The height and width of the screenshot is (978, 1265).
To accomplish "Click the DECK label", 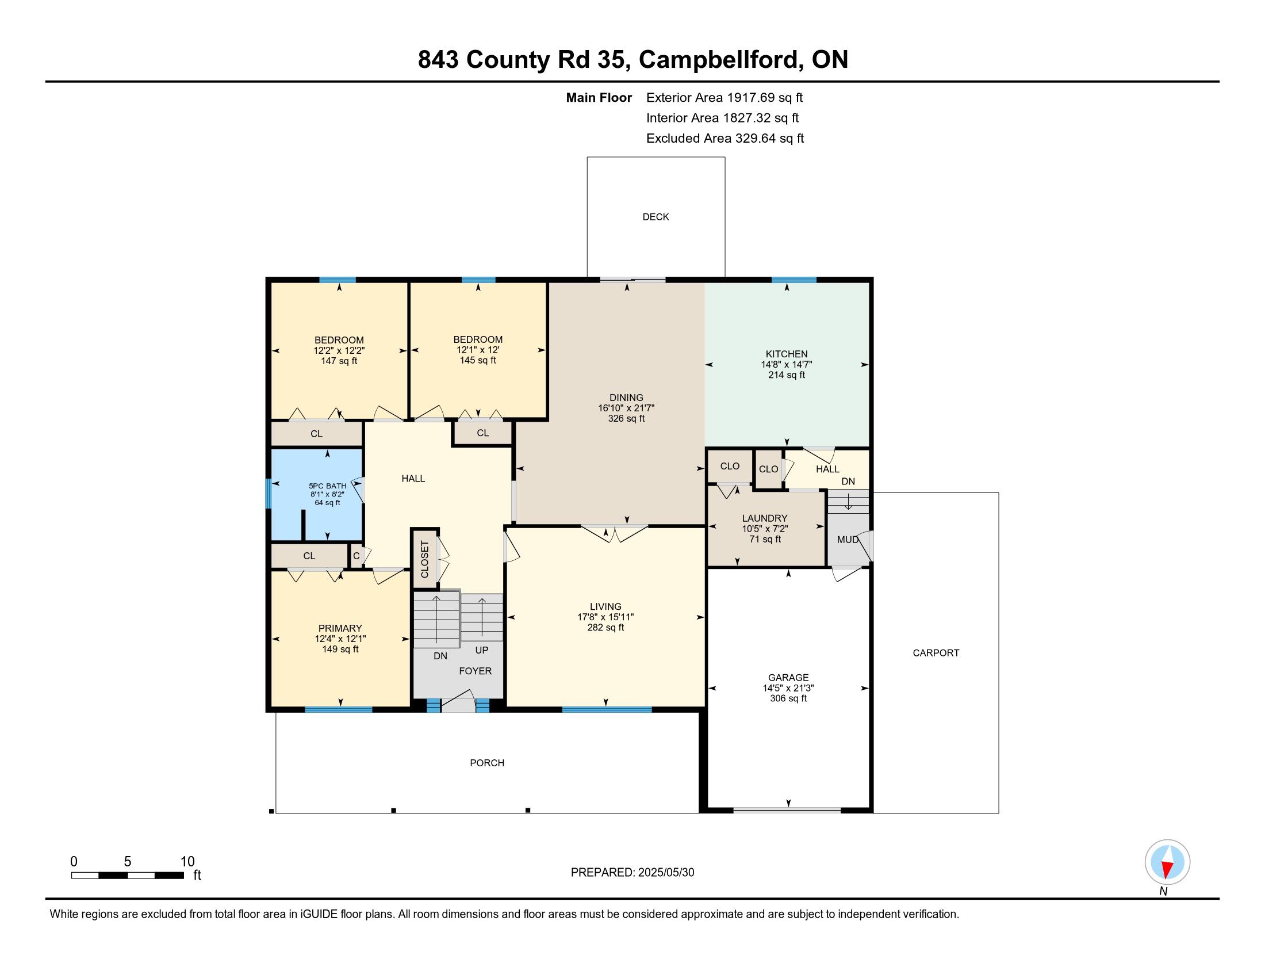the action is point(655,217).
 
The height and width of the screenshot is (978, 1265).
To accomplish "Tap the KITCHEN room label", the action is point(787,354).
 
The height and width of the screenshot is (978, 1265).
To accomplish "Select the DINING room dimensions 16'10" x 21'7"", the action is point(626,408).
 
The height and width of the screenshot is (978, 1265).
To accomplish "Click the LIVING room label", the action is point(606,606).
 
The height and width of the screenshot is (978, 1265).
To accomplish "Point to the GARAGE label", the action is point(788,677).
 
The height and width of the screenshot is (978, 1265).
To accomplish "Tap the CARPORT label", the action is point(936,653).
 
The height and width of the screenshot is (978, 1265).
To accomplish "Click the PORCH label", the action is point(487,763).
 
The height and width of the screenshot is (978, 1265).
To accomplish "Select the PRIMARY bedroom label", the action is point(340,628).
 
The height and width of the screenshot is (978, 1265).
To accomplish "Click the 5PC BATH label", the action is point(328,486).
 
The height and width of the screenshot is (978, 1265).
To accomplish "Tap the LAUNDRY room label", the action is point(765,518).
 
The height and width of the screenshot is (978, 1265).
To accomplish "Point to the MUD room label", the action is point(848,540).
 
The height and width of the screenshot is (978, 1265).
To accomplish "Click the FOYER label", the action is point(476,671).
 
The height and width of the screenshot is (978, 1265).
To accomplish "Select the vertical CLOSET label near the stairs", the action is point(424,559).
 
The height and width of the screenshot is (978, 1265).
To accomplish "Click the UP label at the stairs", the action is point(482,650).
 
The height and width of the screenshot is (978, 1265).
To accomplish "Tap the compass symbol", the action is point(1167,862).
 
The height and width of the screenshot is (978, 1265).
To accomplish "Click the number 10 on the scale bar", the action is point(187,862).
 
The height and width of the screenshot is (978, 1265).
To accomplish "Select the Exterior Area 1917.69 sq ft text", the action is point(724,97).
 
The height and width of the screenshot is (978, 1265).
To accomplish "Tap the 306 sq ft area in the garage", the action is point(788,698).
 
